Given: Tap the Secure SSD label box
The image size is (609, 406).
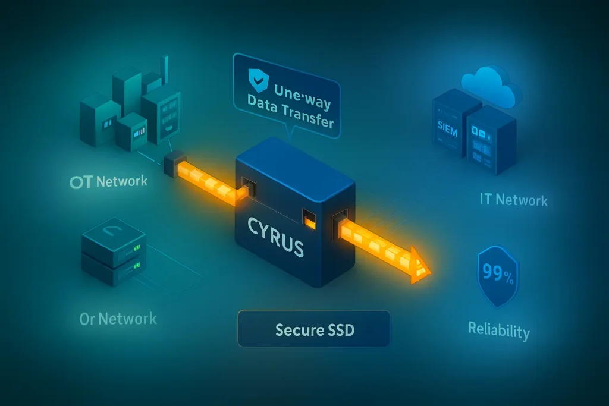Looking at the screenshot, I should click(314, 328).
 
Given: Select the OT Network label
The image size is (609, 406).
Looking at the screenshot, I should click(108, 181).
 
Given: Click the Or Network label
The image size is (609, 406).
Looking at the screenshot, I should click(118, 318).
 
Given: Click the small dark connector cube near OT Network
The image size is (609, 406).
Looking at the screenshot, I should click(172, 160).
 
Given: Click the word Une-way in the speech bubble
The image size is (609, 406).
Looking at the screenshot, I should click(302, 91).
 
